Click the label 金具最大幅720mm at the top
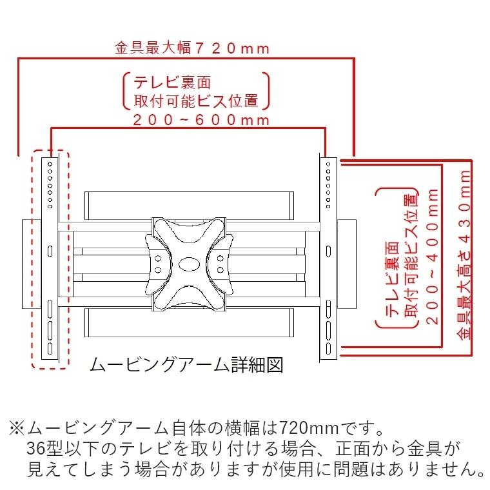click(x=191, y=48)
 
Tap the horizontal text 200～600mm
click(x=201, y=120)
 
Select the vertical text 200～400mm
click(x=432, y=256)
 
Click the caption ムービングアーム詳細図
click(x=186, y=365)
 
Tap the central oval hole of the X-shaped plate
click(x=190, y=264)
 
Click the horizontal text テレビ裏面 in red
click(x=172, y=83)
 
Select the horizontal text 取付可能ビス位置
click(x=196, y=101)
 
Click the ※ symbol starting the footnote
click(x=17, y=428)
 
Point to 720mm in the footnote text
click(x=308, y=428)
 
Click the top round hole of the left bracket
click(x=50, y=164)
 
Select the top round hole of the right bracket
click(x=328, y=164)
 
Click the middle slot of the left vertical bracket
click(x=50, y=251)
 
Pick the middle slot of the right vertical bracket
click(x=328, y=251)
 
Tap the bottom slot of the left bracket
click(x=50, y=349)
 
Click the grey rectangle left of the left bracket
click(x=32, y=264)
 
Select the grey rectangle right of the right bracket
click(x=347, y=264)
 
